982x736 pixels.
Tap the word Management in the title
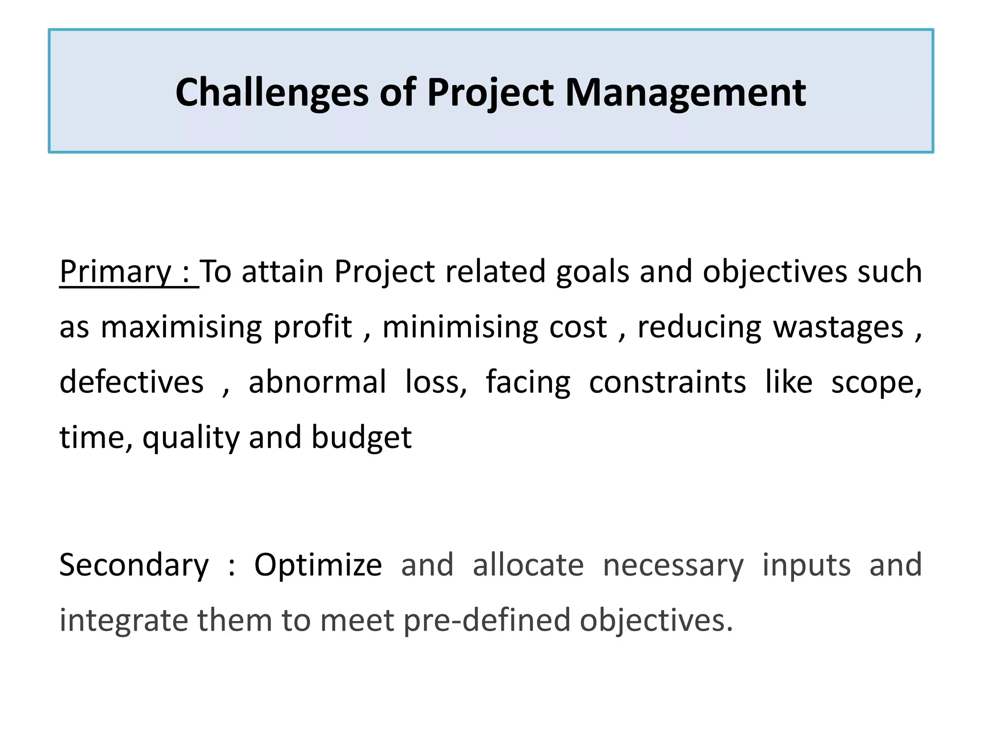tap(685, 93)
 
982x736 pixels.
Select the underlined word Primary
tap(115, 272)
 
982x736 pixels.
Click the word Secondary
tap(134, 565)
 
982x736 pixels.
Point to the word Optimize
tap(318, 565)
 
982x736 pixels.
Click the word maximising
tap(181, 328)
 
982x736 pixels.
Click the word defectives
tap(131, 382)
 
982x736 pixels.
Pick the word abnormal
tap(317, 382)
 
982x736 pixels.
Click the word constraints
tap(667, 382)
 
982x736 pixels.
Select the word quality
tap(190, 438)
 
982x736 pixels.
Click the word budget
tap(362, 438)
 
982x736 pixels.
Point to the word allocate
tap(528, 565)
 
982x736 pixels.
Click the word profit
tap(313, 328)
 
